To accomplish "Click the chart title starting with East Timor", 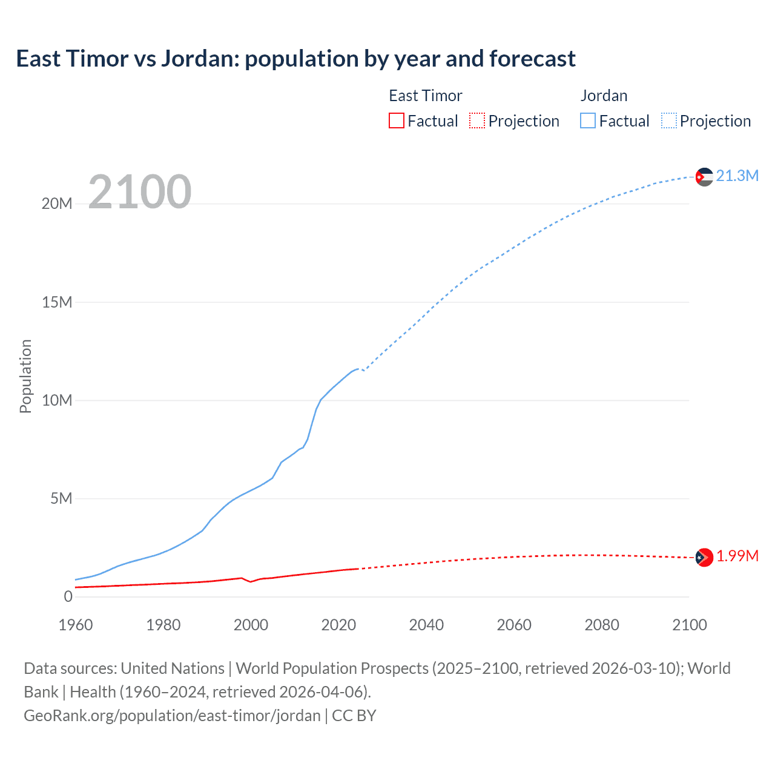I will coord(295,59).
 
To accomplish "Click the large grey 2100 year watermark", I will coord(140,192).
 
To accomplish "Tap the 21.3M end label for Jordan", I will coord(737,176).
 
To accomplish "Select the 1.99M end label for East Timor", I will coord(737,556).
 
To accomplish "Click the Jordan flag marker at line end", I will coord(704,177).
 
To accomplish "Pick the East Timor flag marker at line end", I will coord(704,557).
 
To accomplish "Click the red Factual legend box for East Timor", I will coord(397,120).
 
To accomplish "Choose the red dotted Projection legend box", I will coord(477,120).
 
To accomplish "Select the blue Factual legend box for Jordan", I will coord(588,120).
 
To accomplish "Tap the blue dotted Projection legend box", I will coord(669,120).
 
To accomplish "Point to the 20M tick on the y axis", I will coord(57,203).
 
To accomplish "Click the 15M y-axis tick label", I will coord(57,302).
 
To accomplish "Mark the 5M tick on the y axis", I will coord(61,498).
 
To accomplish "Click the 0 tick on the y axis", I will coord(68,596).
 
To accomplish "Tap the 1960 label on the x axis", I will coord(76,625).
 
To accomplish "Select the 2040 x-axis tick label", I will coord(426,625).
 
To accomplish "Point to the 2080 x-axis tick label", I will coord(602,625).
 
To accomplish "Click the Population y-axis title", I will coord(25,376).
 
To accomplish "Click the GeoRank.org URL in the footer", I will coord(172,715).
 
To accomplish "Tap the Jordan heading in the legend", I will coord(604,96).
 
